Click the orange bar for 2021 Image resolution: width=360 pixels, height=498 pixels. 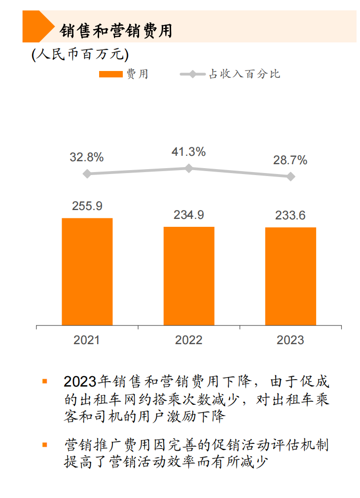[87, 272]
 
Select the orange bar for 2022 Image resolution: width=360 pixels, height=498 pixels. [189, 276]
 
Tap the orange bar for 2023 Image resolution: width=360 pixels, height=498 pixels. [290, 276]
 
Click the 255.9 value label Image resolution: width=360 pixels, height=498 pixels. [87, 206]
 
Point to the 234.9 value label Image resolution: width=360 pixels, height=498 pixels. [189, 215]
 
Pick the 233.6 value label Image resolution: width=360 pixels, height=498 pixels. [290, 215]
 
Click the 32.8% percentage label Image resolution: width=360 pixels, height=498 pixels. [87, 158]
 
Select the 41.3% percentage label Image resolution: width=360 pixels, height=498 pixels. [189, 152]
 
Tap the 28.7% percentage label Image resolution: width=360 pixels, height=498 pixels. [290, 160]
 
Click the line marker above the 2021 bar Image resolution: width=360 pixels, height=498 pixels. [87, 174]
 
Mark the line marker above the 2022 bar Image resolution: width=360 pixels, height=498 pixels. [189, 168]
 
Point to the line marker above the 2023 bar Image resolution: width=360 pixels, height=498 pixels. [291, 176]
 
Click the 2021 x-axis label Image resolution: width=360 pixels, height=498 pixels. [87, 340]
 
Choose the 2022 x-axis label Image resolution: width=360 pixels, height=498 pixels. [189, 340]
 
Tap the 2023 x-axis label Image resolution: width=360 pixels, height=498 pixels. [290, 340]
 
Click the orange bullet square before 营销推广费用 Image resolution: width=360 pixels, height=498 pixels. [45, 445]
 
